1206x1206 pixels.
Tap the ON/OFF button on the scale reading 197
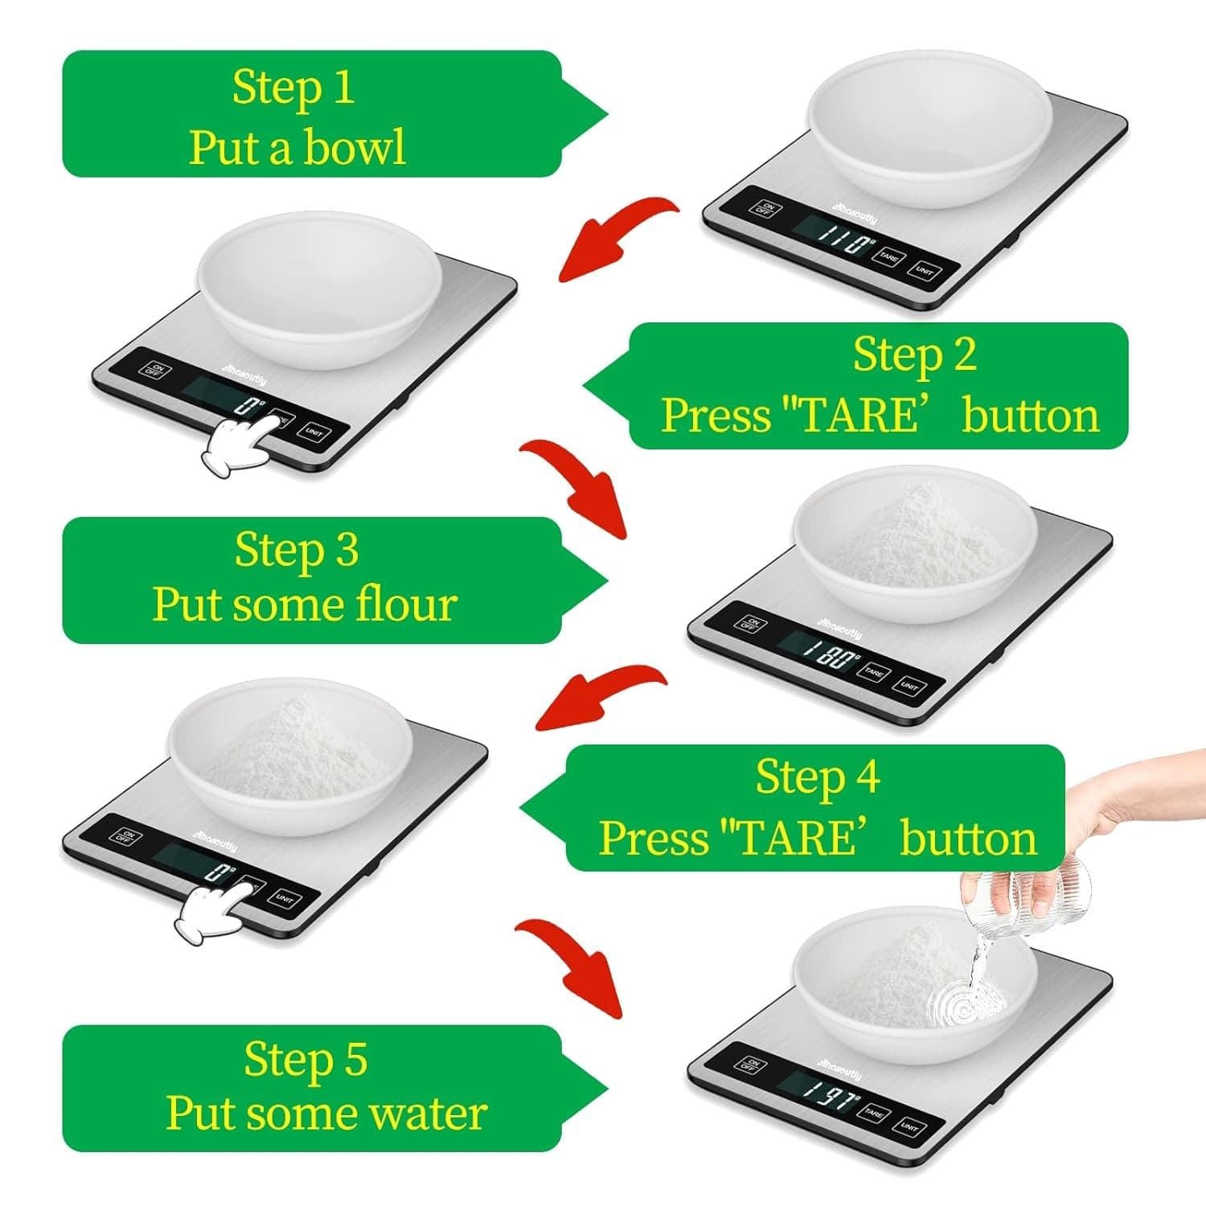[x=750, y=1065]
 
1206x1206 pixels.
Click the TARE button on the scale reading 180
[x=873, y=671]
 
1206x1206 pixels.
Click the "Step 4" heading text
[x=817, y=777]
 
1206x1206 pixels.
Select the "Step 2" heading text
[x=914, y=355]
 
